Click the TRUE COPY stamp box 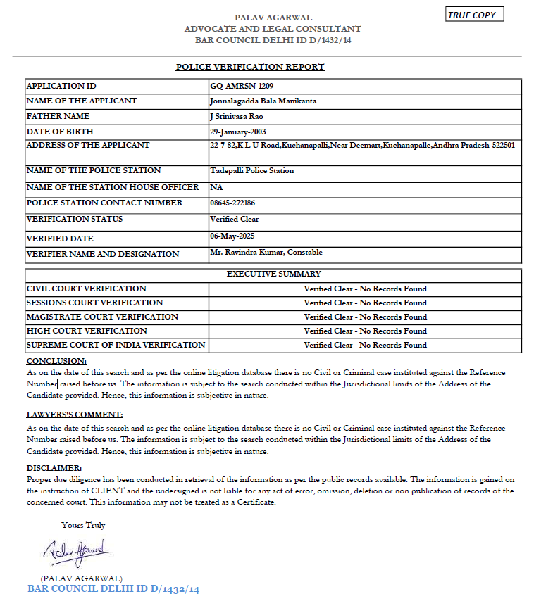476,15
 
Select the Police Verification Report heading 250,67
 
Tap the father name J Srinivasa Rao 237,116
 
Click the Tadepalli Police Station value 252,170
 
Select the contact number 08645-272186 233,203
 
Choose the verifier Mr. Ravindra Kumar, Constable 266,252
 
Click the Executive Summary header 273,274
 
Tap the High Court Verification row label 87,331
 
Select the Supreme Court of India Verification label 116,345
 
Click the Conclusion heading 56,361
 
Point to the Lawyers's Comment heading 75,415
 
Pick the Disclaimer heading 54,468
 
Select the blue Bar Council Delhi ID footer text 113,589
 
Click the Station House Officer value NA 216,187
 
